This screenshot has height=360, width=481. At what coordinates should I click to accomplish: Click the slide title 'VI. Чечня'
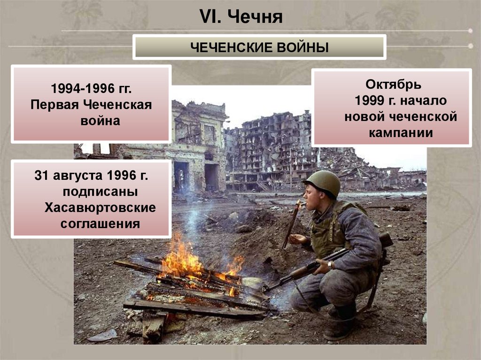point(241,17)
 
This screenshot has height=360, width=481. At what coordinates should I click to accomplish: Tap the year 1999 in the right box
point(372,101)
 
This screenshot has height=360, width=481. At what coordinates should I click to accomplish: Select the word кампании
point(401,133)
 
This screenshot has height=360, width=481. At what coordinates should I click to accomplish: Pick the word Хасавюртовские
point(100,207)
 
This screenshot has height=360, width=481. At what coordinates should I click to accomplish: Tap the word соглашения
point(100,223)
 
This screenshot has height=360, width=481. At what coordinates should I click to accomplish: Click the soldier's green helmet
point(323,182)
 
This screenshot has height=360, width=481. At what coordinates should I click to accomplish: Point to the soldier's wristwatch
point(331,265)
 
